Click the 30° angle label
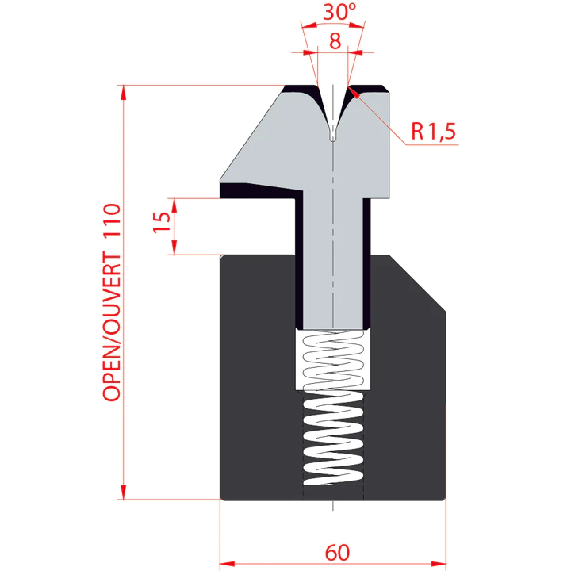(x=339, y=11)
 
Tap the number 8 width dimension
(x=335, y=40)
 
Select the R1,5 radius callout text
(x=433, y=131)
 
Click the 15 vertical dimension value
(x=162, y=222)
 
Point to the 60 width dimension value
(x=337, y=553)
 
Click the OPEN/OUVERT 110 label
(x=112, y=302)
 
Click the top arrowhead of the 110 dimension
(x=124, y=93)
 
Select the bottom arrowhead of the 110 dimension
(x=124, y=492)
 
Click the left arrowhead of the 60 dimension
(x=228, y=564)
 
